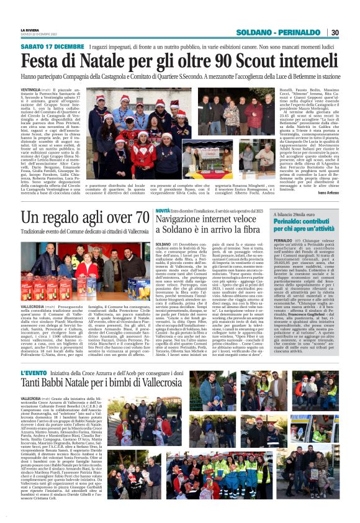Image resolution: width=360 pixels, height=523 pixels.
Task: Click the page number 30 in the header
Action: coord(335,32)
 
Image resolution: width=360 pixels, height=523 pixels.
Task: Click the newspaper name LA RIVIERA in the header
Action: coord(31,29)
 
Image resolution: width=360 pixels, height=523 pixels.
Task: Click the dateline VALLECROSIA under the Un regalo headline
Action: coord(32,307)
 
